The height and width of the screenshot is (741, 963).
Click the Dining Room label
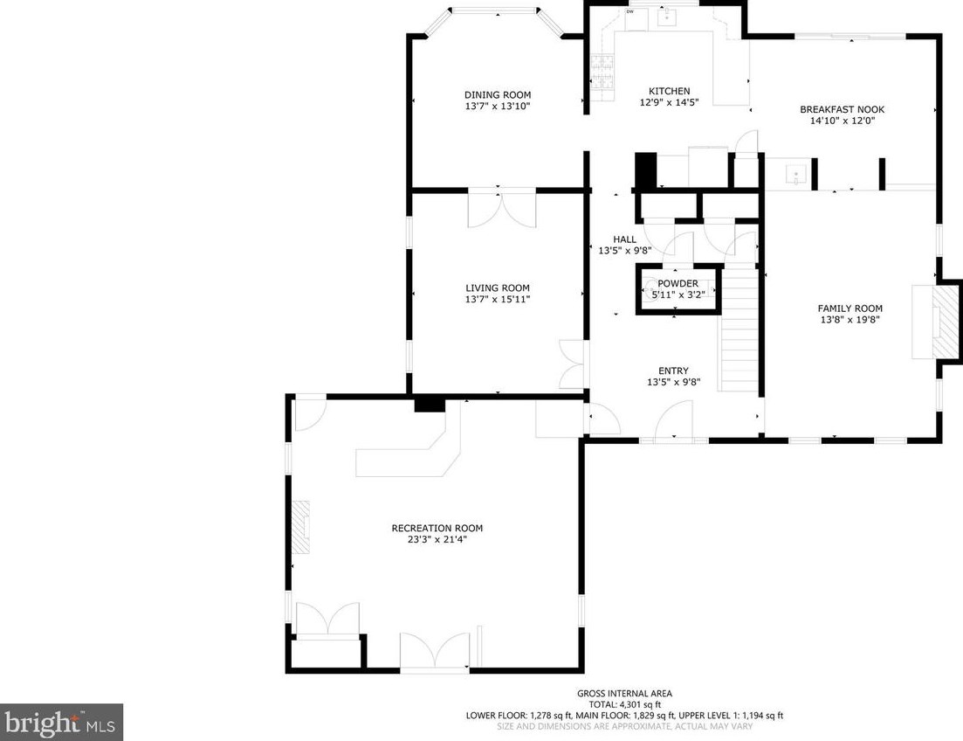(x=498, y=94)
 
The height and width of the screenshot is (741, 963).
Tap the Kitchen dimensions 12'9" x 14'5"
(x=670, y=102)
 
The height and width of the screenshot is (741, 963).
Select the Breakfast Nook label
(x=842, y=109)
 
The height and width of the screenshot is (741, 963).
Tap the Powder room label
(x=678, y=283)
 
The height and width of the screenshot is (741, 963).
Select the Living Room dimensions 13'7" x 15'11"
(x=498, y=300)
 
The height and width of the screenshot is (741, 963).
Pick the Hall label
(x=624, y=239)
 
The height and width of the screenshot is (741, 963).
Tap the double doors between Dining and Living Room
(x=502, y=209)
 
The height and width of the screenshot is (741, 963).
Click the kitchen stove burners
(x=602, y=73)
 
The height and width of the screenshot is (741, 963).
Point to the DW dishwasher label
(x=630, y=11)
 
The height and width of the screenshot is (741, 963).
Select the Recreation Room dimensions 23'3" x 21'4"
(x=437, y=539)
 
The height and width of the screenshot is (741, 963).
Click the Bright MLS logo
(x=61, y=723)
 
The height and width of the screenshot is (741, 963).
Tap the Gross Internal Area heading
(x=624, y=694)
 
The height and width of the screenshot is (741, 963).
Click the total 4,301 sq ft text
(x=624, y=704)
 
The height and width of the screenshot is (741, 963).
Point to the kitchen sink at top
(x=667, y=17)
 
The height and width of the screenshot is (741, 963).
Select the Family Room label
(x=850, y=308)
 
